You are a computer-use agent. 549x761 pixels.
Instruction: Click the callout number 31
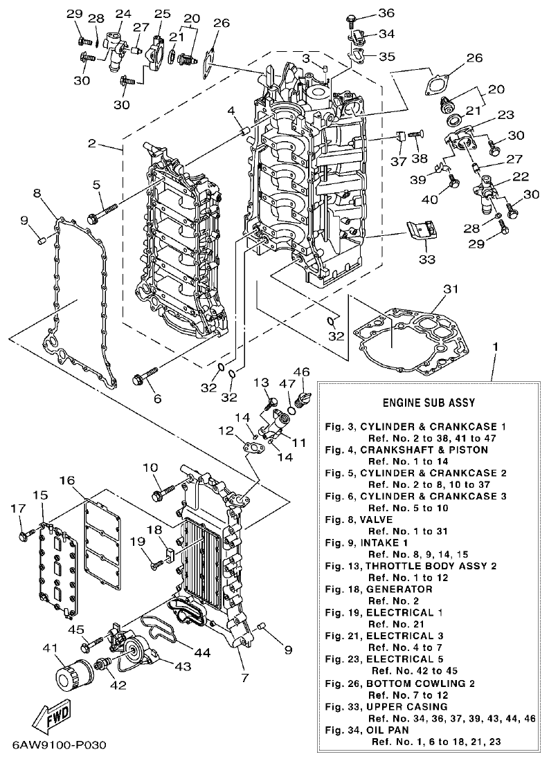coord(451,289)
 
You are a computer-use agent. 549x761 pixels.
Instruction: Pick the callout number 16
coord(66,480)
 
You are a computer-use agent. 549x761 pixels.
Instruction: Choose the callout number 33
coord(426,259)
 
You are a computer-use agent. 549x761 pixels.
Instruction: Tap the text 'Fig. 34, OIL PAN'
coord(368,729)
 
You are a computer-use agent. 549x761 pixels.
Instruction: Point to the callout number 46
coord(302,372)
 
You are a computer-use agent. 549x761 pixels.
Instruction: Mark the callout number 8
coord(37,194)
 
